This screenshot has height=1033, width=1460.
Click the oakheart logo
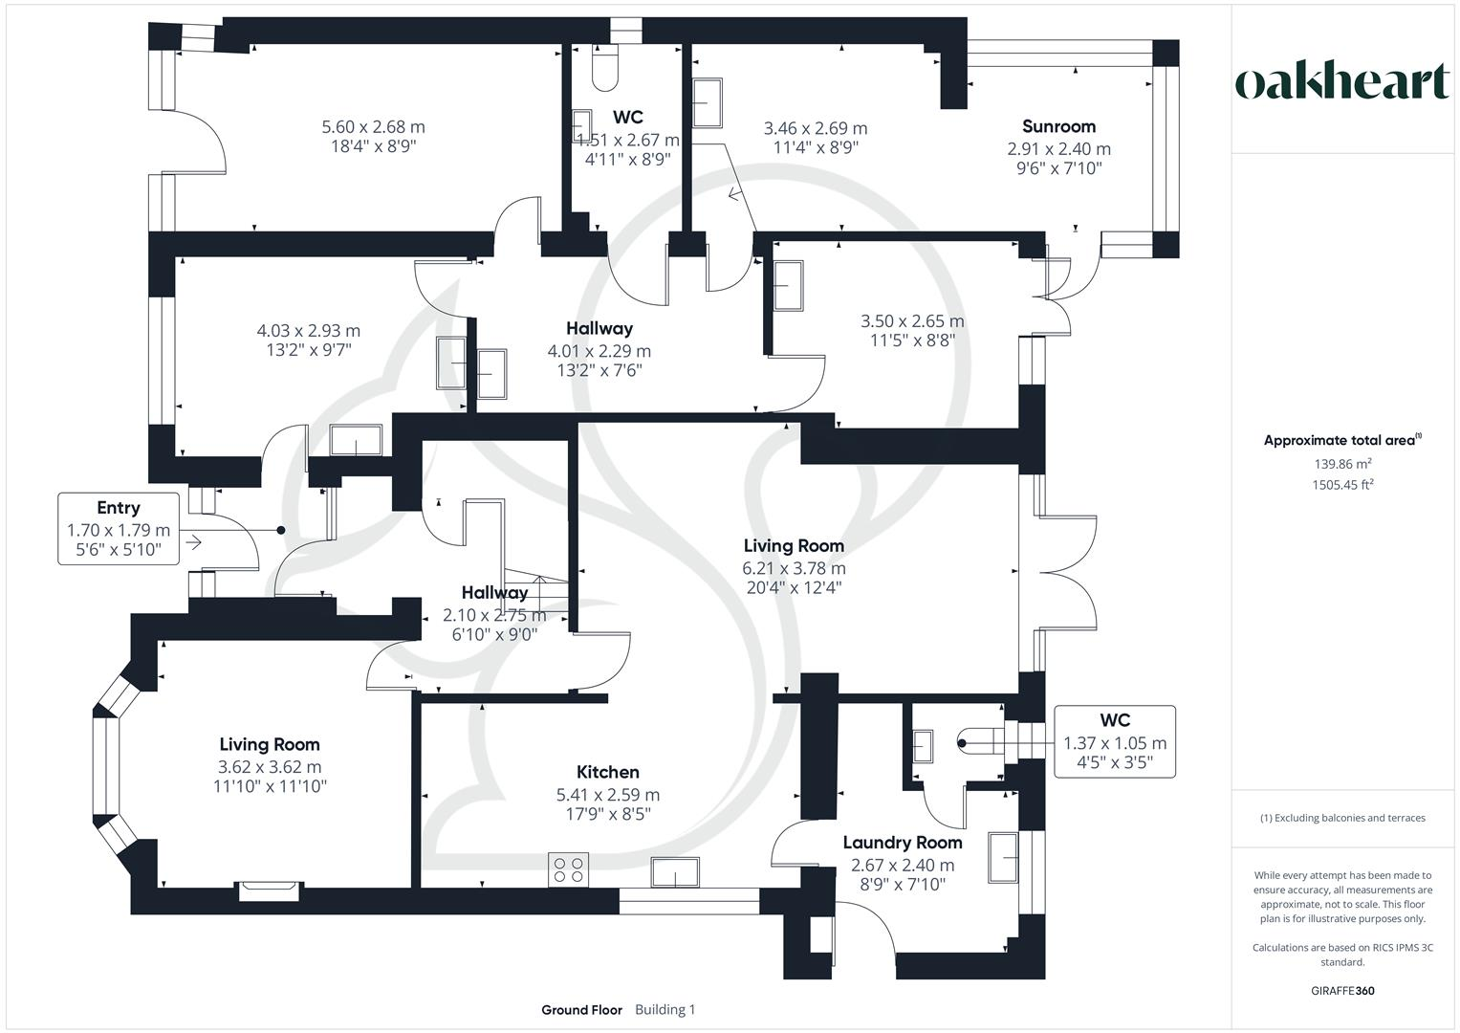(1341, 82)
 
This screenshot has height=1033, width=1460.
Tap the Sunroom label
(1058, 126)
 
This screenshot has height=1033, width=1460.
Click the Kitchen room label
(607, 772)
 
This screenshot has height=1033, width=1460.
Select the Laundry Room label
(902, 843)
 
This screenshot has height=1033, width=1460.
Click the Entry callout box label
(118, 508)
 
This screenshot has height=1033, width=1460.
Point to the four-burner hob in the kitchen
(568, 869)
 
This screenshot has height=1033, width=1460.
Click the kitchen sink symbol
(675, 873)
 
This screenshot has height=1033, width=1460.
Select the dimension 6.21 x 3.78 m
(794, 568)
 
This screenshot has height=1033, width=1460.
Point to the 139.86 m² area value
(1342, 464)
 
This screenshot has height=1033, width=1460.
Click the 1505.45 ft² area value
(1342, 484)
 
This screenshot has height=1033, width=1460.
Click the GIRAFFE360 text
(1342, 991)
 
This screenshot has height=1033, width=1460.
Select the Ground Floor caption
(581, 1010)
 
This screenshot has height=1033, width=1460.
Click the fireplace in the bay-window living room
(271, 890)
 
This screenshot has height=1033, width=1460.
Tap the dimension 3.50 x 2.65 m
(912, 321)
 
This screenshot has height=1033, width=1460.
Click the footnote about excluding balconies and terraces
(1342, 818)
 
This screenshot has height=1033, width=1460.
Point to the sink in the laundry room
(1003, 856)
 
